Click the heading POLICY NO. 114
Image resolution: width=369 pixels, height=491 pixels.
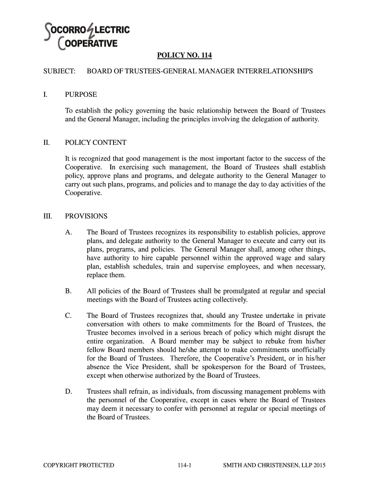(184, 56)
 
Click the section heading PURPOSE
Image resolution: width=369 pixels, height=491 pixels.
(81, 94)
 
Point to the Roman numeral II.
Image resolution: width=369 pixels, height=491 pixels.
(46, 142)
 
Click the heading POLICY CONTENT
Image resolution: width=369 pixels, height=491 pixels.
(96, 142)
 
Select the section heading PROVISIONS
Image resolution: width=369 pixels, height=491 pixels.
(86, 216)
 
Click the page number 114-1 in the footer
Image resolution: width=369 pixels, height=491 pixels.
(184, 465)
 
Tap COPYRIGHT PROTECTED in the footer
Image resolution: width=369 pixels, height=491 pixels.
(79, 465)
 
